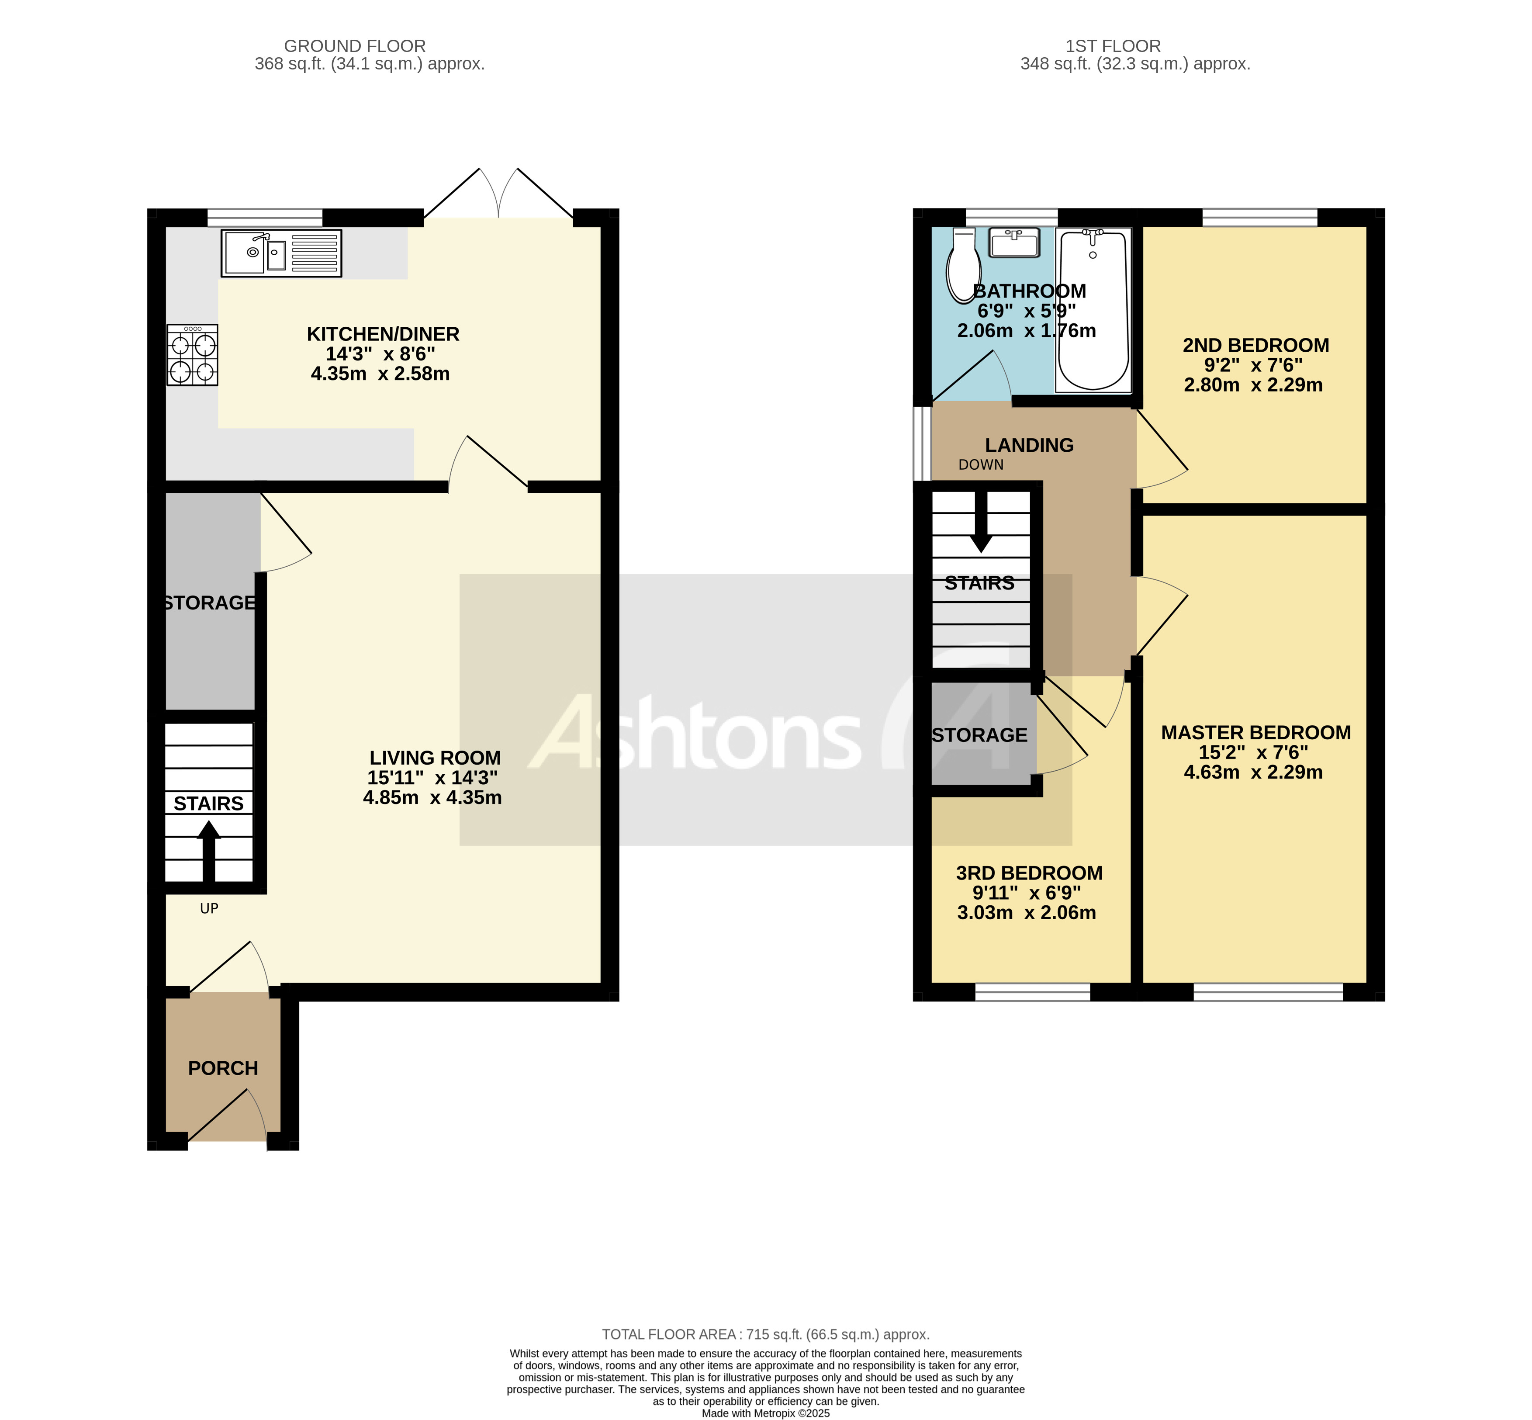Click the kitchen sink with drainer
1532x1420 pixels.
tap(281, 253)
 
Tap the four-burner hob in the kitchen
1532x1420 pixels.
tap(192, 355)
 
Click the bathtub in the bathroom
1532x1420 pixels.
tap(1093, 310)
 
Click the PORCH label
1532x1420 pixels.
tap(223, 1068)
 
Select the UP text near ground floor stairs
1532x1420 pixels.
tap(209, 908)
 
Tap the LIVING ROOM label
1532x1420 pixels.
tap(435, 758)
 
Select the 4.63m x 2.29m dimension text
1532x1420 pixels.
tap(1253, 772)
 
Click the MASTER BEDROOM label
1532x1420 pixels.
tap(1255, 732)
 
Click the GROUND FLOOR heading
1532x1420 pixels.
tap(355, 46)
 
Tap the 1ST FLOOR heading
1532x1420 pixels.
tap(1113, 46)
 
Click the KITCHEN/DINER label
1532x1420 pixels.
tap(383, 334)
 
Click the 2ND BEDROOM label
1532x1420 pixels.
tap(1255, 345)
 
